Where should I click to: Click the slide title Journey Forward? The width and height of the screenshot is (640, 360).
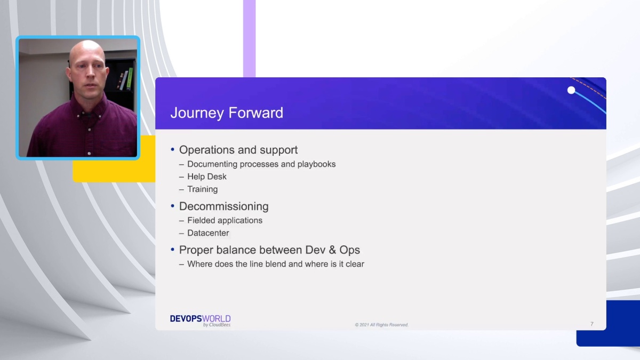click(227, 113)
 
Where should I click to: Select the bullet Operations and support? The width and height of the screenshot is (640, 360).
click(238, 150)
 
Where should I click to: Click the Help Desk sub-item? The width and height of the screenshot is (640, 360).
click(207, 177)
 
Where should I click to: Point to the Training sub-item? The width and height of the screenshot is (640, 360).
click(203, 189)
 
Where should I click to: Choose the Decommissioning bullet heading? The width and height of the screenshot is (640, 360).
click(223, 206)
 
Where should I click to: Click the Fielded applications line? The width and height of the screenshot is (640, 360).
click(225, 220)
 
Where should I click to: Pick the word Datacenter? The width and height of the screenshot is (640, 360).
click(208, 233)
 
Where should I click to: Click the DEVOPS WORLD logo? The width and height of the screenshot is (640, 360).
click(200, 318)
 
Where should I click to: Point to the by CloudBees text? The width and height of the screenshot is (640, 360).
click(217, 325)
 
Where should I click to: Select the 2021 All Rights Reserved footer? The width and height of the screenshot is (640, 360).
click(381, 325)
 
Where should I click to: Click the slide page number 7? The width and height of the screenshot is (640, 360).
click(591, 324)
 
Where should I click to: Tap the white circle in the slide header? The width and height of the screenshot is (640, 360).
click(571, 90)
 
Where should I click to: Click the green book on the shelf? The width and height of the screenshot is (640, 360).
click(130, 78)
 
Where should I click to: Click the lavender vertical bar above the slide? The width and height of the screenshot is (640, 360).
click(249, 37)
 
